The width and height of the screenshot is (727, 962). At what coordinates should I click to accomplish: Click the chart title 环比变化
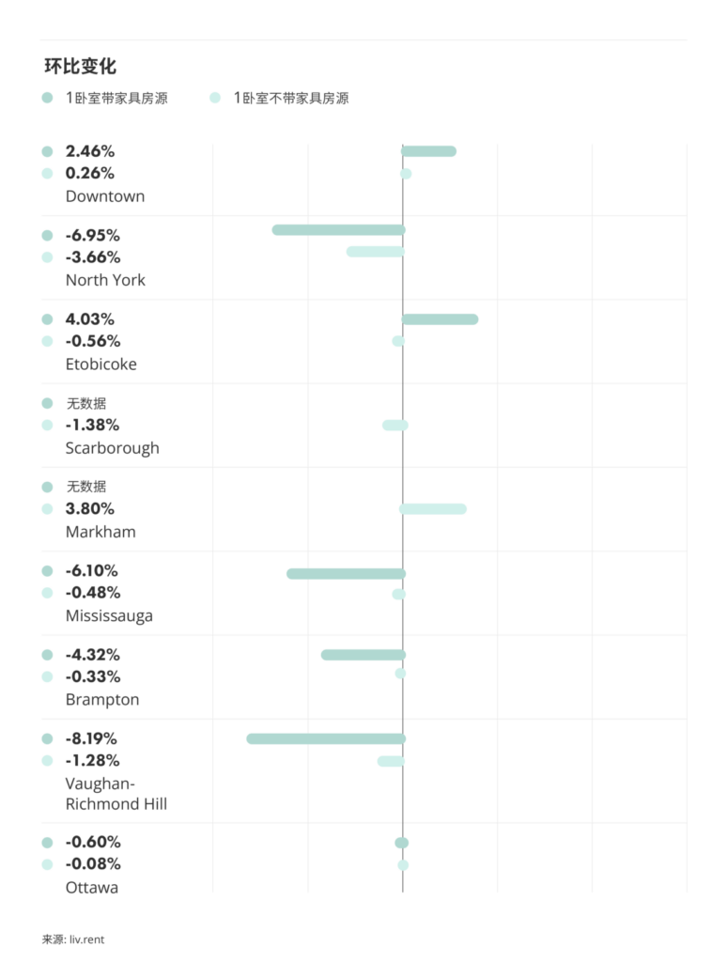pos(80,67)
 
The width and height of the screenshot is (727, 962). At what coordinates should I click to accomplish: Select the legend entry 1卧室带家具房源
pos(116,98)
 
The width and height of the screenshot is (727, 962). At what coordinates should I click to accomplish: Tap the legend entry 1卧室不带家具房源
pos(291,98)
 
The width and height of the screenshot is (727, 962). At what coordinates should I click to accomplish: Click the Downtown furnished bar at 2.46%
pos(429,151)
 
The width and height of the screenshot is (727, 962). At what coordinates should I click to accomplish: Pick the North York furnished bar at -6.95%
pos(339,230)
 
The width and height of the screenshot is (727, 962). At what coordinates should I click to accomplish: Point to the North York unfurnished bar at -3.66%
pos(376,252)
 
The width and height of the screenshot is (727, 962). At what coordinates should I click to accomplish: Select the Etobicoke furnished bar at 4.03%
pos(441,319)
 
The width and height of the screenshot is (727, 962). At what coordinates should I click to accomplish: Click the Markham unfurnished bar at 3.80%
pos(433,509)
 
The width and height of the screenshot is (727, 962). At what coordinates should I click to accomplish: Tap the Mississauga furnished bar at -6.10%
pos(347,574)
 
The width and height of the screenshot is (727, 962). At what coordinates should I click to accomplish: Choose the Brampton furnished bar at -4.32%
pos(363,655)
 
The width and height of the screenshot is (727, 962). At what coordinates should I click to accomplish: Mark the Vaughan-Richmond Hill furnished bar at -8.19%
pos(326,739)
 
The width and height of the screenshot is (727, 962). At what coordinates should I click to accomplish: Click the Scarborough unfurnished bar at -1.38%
pos(395,426)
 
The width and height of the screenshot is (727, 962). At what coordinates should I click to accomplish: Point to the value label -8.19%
pos(91,739)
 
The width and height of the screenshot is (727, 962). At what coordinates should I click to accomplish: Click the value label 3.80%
pos(90,509)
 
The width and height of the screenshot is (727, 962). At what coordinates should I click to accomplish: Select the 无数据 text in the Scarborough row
pos(86,404)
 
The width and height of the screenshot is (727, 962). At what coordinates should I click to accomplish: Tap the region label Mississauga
pos(109,616)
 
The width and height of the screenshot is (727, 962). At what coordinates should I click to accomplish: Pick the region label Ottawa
pos(92,888)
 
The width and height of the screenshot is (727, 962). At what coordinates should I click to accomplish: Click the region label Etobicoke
pos(101,365)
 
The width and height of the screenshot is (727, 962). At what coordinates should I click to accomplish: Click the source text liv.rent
pos(86,939)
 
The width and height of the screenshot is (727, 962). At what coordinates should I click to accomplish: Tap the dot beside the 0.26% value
pos(47,174)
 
